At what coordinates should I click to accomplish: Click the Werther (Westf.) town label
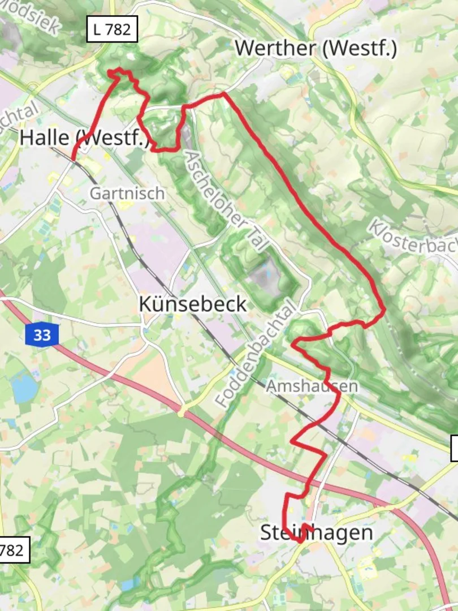(316, 48)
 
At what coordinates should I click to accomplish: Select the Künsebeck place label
(192, 304)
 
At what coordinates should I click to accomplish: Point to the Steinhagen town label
(317, 532)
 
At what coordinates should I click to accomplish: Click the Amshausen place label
(312, 386)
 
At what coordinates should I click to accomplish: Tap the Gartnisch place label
(127, 193)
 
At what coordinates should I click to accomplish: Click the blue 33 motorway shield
(41, 335)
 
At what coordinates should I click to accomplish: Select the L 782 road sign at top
(112, 29)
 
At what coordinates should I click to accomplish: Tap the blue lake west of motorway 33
(24, 388)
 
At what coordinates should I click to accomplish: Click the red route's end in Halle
(74, 160)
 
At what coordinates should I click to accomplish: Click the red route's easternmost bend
(384, 309)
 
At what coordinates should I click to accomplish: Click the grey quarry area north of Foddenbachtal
(265, 278)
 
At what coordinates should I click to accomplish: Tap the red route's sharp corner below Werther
(224, 93)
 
